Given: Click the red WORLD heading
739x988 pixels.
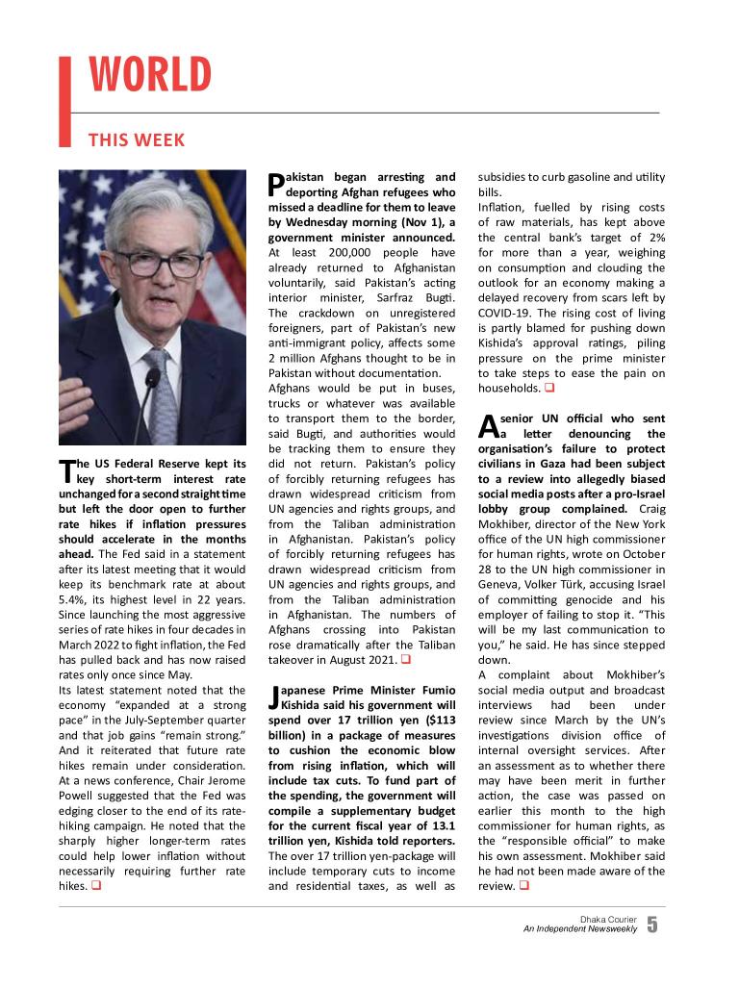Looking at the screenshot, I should pos(150,76).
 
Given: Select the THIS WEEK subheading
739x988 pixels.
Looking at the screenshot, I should pos(136,140).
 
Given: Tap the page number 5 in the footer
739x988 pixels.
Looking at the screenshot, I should pos(652,925).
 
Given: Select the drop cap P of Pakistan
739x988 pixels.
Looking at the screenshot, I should pos(275,183).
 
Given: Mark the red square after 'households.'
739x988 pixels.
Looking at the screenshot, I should pos(548,389).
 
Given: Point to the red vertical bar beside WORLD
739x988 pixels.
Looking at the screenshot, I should pos(65,101).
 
